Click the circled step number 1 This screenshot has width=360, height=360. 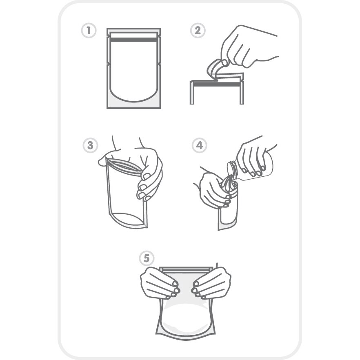tap(89, 31)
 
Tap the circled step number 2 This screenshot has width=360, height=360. tap(198, 30)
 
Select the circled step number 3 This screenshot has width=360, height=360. tap(90, 145)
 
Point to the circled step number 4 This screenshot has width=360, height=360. tap(199, 145)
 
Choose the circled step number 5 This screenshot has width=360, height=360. tap(147, 258)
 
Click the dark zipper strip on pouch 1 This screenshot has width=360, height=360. tap(134, 40)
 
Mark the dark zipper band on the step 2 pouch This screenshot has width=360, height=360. tap(217, 84)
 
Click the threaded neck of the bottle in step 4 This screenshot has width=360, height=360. tap(232, 170)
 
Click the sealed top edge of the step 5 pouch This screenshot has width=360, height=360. tap(186, 269)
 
